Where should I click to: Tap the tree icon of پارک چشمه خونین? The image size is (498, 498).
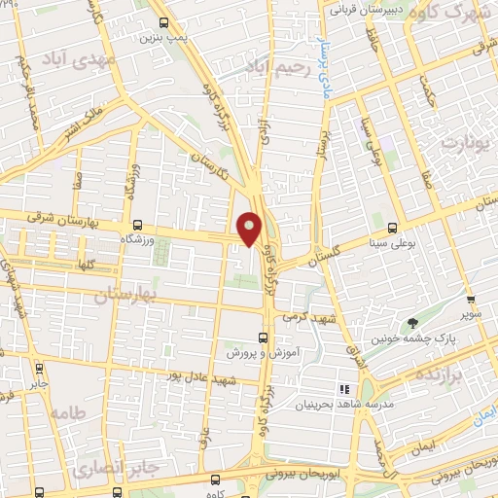tap(415, 323)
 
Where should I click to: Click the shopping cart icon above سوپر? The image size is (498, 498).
tap(471, 301)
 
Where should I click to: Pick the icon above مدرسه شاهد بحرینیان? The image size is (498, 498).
tap(343, 389)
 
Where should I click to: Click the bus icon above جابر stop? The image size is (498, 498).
tap(39, 370)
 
